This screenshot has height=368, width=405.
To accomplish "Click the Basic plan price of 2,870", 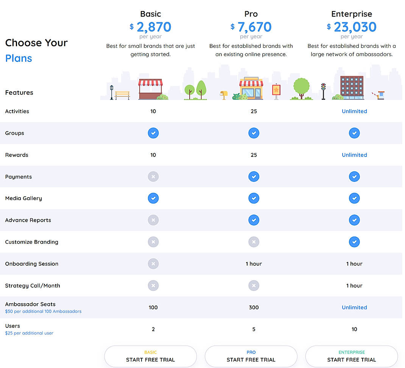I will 154,27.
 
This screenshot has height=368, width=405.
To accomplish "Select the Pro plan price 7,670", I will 254,27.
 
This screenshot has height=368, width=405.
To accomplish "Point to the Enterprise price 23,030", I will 355,27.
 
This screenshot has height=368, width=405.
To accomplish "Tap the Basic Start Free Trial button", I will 151,356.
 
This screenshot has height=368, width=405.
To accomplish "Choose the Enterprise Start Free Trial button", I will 352,356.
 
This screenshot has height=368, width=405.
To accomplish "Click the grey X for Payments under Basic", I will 153,177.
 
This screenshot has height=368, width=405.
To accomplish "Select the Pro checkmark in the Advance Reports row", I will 254,220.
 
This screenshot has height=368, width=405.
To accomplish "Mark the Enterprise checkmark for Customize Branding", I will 354,242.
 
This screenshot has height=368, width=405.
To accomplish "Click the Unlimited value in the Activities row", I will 354,111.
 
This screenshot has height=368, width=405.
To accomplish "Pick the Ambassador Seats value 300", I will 254,307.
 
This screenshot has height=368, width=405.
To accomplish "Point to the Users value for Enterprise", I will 354,329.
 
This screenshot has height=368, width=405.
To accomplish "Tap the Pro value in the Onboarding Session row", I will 254,264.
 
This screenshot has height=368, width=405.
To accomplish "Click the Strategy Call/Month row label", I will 33,286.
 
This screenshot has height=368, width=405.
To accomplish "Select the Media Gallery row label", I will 23,198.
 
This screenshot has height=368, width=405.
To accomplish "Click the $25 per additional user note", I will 29,333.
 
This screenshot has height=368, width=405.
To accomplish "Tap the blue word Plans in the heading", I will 19,58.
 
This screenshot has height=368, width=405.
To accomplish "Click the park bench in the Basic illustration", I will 122,95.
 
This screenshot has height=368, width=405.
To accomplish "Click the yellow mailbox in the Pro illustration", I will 224,94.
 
